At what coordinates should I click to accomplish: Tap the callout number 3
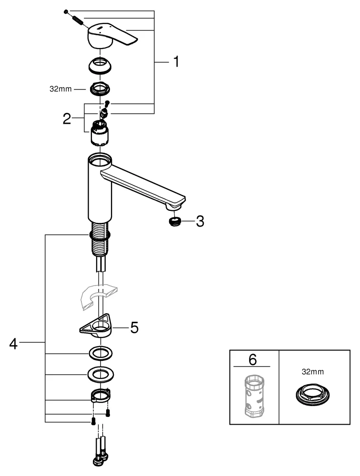tap(200, 221)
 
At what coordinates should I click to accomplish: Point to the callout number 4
tap(14, 343)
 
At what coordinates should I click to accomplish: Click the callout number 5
tap(134, 328)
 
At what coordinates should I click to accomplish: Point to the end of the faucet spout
tap(175, 204)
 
